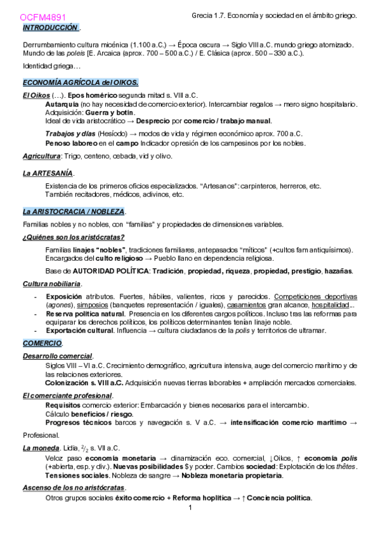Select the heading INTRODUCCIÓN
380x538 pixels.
click(x=50, y=29)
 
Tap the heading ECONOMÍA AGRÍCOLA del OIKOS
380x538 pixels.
click(x=80, y=83)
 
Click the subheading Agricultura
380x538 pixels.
click(x=41, y=156)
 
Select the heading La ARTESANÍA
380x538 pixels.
click(x=48, y=173)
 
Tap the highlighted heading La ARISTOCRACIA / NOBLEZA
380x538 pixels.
click(x=74, y=211)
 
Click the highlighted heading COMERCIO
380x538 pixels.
click(x=42, y=343)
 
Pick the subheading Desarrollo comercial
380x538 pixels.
click(x=57, y=356)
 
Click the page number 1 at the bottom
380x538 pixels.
click(x=190, y=508)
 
